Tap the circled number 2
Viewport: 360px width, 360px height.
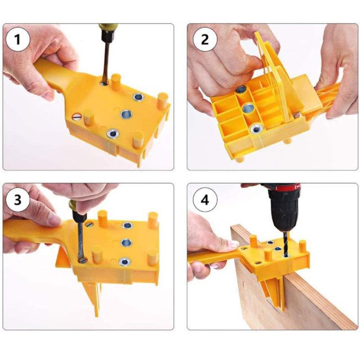pyautogui.click(x=205, y=40)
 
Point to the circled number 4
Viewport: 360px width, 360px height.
pyautogui.click(x=205, y=200)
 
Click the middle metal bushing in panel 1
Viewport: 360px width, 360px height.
pyautogui.click(x=125, y=114)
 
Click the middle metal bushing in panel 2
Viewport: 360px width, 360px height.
pyautogui.click(x=247, y=109)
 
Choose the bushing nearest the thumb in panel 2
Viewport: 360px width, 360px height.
pyautogui.click(x=241, y=90)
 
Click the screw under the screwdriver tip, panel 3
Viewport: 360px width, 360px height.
pyautogui.click(x=84, y=259)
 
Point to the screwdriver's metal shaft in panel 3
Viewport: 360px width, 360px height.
pyautogui.click(x=80, y=238)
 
